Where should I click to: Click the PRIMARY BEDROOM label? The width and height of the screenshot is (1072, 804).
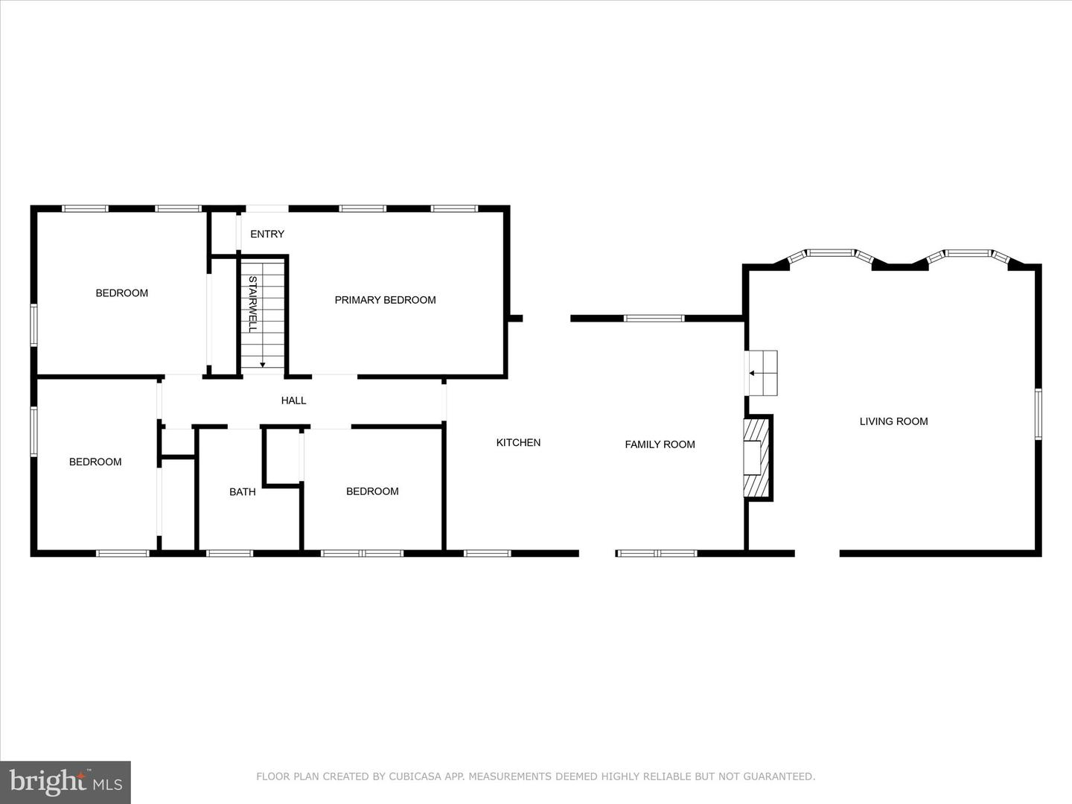coord(385,300)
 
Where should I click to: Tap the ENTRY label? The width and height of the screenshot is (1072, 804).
coord(267,234)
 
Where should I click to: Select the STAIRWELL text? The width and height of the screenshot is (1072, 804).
coord(252,304)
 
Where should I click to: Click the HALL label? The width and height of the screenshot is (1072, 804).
coord(293,401)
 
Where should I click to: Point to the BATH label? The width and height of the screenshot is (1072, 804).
coord(242,492)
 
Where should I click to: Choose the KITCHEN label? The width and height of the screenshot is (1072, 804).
coord(518,442)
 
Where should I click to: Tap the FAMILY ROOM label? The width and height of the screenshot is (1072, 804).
coord(660,444)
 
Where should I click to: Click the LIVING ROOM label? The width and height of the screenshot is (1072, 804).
coord(893,421)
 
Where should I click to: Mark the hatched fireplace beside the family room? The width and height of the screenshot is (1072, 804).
coord(758,458)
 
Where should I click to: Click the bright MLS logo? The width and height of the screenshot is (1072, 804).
coord(66,782)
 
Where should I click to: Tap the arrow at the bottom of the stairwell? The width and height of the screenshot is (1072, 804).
coord(263,364)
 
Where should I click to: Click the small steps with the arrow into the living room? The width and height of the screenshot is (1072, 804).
coord(762,373)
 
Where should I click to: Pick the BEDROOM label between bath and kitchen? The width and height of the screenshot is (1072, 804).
coord(372,491)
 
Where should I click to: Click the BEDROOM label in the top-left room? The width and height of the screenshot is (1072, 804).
coord(121,293)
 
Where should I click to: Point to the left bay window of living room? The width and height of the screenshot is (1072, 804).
coord(830,253)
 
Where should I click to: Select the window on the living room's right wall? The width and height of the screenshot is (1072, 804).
coord(1038,414)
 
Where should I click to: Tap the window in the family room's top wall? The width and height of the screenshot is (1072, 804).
coord(654,319)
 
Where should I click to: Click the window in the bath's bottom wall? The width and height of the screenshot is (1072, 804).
coord(229,553)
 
